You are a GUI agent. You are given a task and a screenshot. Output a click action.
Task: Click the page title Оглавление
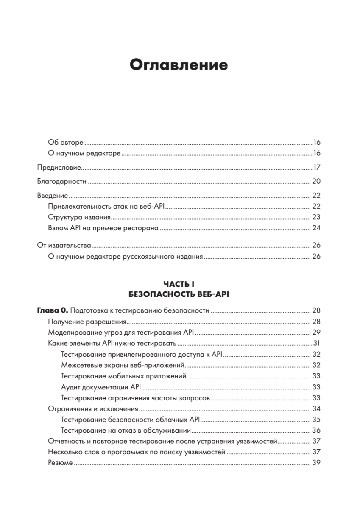[179, 65]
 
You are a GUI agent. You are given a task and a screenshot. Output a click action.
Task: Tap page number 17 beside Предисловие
[316, 167]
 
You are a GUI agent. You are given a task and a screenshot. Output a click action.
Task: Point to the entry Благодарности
[61, 182]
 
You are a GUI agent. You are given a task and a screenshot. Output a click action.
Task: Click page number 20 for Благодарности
[316, 182]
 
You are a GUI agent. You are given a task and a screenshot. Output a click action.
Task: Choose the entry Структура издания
[79, 217]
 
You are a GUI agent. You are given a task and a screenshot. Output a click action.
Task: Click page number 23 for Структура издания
[316, 217]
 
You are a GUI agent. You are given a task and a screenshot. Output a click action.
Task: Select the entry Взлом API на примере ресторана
[103, 228]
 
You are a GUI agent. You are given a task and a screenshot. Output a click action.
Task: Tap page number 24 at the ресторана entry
[316, 228]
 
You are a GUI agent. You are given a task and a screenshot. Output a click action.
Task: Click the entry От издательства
[64, 246]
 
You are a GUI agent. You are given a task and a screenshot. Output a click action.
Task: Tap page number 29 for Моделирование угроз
[316, 332]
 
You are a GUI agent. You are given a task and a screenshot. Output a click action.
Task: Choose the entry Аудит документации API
[101, 387]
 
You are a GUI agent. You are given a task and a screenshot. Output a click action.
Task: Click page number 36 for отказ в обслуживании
[316, 431]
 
